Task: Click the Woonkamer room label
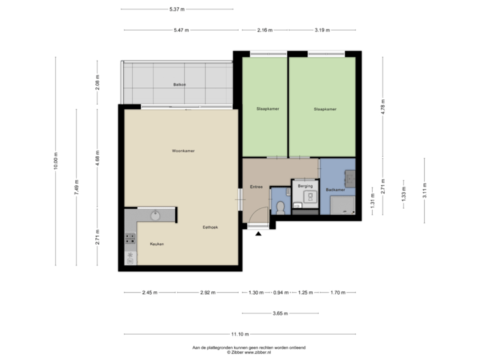[x=178, y=151]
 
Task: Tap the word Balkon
[x=179, y=85]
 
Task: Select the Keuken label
[x=157, y=244]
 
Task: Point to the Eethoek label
[x=211, y=228]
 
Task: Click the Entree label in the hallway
[x=255, y=187]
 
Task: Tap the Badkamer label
[x=335, y=190]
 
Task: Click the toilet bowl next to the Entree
[x=281, y=207]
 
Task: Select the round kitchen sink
[x=155, y=215]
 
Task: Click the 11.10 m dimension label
[x=239, y=334]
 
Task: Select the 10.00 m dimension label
[x=56, y=161]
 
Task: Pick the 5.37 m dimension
[x=177, y=9]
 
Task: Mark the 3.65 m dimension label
[x=279, y=313]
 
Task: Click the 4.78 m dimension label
[x=383, y=107]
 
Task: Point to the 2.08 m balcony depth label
[x=97, y=83]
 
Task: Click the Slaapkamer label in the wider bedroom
[x=325, y=109]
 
